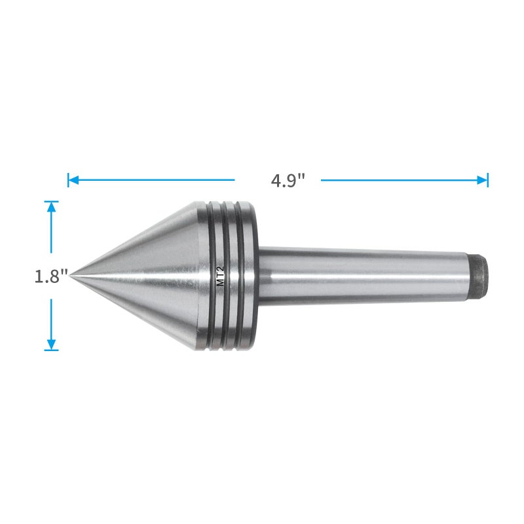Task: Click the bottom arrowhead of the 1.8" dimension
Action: coord(52,345)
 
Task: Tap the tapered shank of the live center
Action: coord(367,272)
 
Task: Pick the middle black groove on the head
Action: coord(228,275)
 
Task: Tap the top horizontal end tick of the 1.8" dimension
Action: coord(52,201)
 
